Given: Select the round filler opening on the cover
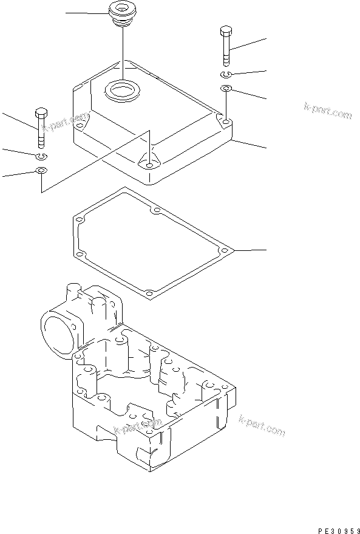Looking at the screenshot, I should (124, 92).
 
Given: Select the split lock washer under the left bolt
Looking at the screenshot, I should (41, 157).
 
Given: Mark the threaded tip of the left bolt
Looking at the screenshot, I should (41, 142).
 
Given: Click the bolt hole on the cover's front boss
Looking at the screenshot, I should (148, 163).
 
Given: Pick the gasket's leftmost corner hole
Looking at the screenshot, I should (78, 219).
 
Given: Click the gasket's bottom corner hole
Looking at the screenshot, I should (149, 294).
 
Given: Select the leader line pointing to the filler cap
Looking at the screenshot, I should (85, 13).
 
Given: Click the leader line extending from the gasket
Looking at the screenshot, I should (249, 250).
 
